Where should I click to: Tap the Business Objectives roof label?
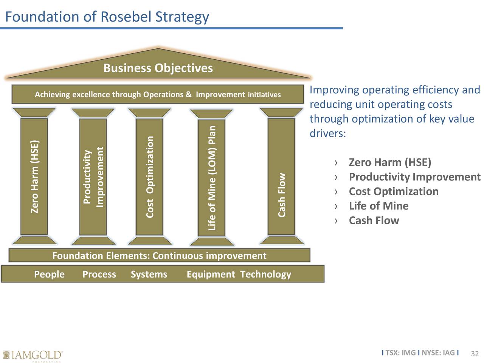click(158, 68)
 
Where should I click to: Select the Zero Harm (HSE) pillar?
click(34, 176)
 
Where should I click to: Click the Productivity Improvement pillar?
click(93, 177)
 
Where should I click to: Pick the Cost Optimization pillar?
click(149, 177)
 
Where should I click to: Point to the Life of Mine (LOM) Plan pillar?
click(212, 177)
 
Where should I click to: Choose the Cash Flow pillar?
click(281, 176)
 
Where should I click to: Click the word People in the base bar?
click(50, 274)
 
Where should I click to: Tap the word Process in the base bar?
click(99, 274)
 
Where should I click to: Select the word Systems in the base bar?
click(149, 275)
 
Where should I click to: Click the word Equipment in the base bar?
click(211, 275)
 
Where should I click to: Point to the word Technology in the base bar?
click(266, 275)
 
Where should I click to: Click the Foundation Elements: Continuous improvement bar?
click(160, 255)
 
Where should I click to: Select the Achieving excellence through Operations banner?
click(158, 94)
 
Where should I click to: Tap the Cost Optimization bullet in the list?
click(394, 191)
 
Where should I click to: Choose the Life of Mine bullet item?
click(379, 206)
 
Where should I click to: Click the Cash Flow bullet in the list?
click(374, 220)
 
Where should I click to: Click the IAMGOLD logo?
click(33, 355)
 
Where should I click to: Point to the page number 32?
click(475, 354)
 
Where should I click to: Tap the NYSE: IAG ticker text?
click(438, 353)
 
